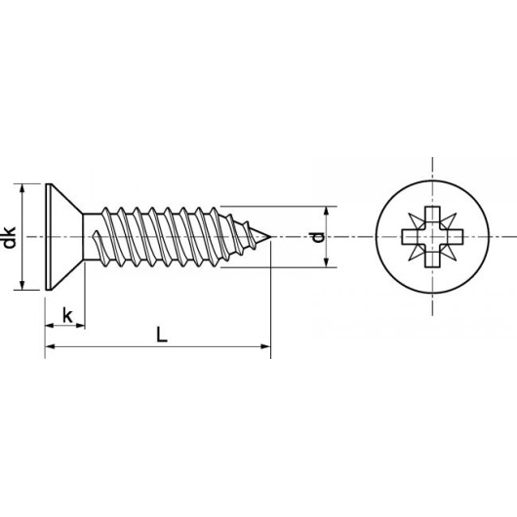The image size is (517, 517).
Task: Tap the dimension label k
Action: [67, 315]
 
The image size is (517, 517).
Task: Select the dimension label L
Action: [162, 335]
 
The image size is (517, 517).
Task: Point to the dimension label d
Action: [318, 237]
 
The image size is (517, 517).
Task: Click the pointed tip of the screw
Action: [270, 236]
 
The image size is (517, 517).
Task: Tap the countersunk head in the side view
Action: [62, 237]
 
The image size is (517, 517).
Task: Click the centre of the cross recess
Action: [432, 236]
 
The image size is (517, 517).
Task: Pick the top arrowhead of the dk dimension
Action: [22, 188]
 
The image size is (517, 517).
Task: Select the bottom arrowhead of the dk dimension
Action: [22, 285]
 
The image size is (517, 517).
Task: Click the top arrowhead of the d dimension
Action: [326, 212]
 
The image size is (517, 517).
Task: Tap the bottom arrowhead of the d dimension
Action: [326, 262]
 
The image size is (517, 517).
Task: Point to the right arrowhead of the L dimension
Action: [265, 346]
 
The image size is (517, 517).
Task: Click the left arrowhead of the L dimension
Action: [50, 346]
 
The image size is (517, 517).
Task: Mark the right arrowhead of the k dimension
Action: [80, 326]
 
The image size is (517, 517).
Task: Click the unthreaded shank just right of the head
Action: [91, 237]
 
